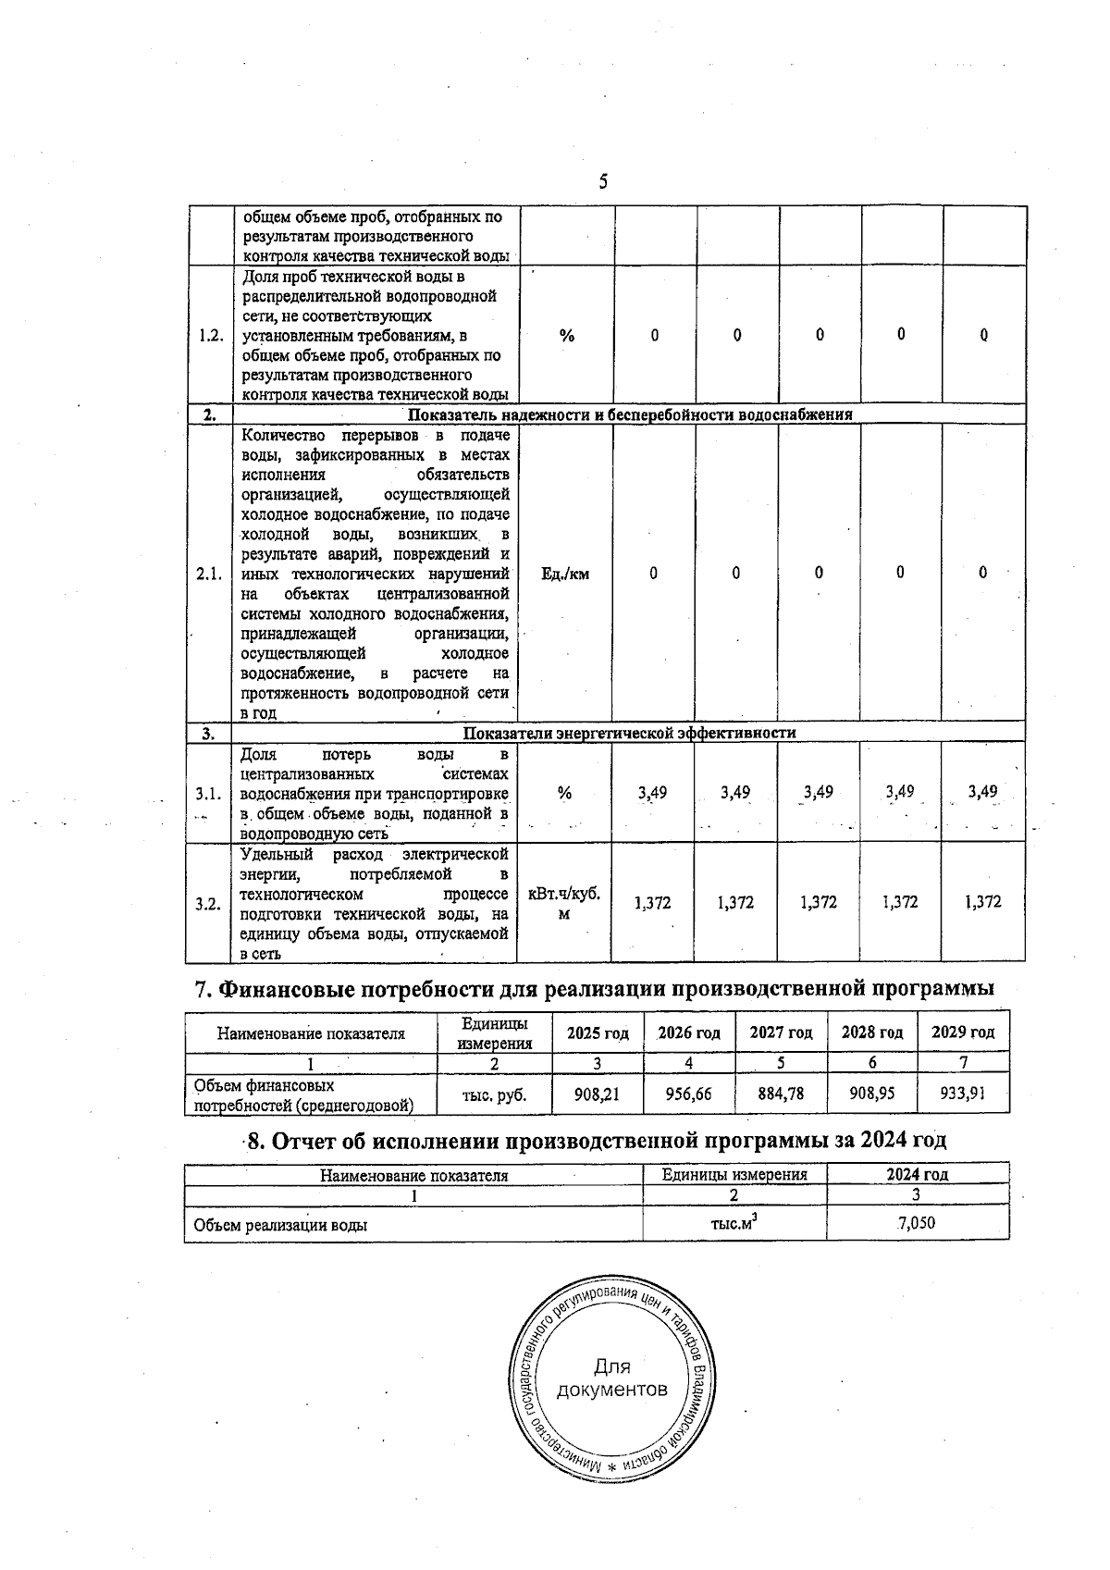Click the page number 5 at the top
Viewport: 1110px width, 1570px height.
[x=603, y=181]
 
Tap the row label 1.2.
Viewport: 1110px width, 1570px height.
[x=211, y=335]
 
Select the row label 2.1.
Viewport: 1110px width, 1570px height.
[x=209, y=574]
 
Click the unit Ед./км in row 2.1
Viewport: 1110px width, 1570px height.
[x=565, y=574]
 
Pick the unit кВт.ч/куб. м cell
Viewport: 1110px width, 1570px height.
[x=564, y=903]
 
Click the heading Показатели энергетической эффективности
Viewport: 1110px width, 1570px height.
[x=629, y=733]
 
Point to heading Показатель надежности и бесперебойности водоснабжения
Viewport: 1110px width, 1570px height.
[x=630, y=414]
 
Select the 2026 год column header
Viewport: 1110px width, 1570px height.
[x=689, y=1033]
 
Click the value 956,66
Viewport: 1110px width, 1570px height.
[x=689, y=1094]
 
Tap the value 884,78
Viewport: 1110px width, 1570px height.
[x=781, y=1094]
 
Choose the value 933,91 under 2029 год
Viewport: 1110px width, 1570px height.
[x=963, y=1094]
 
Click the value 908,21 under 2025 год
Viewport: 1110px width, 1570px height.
[x=597, y=1094]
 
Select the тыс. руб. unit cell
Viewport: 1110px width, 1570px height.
[x=495, y=1094]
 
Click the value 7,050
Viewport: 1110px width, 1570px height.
[x=916, y=1223]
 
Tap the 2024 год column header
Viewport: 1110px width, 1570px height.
[x=917, y=1174]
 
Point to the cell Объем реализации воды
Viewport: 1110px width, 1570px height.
[x=280, y=1225]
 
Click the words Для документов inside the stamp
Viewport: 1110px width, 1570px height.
[x=611, y=1378]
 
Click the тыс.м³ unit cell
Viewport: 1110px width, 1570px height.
[x=734, y=1222]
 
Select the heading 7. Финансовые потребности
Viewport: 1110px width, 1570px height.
[x=594, y=988]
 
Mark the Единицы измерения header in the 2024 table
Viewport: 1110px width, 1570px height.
[x=734, y=1174]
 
